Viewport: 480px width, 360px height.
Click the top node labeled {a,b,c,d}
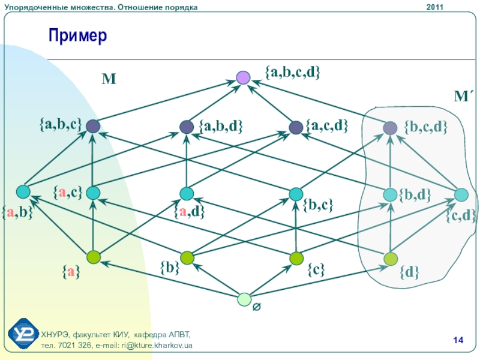pyautogui.click(x=243, y=77)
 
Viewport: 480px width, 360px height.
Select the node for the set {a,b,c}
pyautogui.click(x=92, y=126)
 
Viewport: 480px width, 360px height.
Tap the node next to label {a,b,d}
pyautogui.click(x=187, y=127)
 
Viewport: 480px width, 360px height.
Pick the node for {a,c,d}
pyautogui.click(x=295, y=127)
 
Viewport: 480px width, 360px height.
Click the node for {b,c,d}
pyautogui.click(x=390, y=127)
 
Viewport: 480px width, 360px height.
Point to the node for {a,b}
pyautogui.click(x=23, y=192)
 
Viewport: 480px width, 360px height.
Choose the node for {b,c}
pyautogui.click(x=296, y=194)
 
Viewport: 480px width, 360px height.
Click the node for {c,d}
pyautogui.click(x=461, y=194)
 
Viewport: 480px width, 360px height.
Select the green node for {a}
pyautogui.click(x=92, y=257)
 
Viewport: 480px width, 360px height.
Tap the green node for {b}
pyautogui.click(x=187, y=258)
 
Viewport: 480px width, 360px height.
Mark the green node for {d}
pyautogui.click(x=391, y=259)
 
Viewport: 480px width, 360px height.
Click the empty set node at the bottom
pyautogui.click(x=244, y=299)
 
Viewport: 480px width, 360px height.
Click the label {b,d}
pyautogui.click(x=416, y=194)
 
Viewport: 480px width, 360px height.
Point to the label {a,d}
pyautogui.click(x=190, y=211)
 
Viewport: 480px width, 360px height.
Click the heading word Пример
pyautogui.click(x=77, y=37)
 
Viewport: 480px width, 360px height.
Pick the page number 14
pyautogui.click(x=458, y=341)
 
